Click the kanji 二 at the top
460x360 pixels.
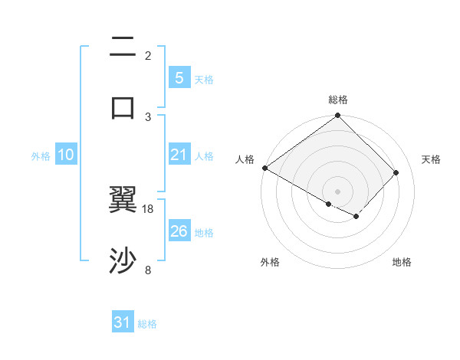click(x=123, y=47)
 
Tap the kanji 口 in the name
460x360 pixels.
click(x=123, y=107)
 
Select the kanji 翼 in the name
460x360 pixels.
click(x=123, y=201)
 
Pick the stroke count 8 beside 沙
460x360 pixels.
click(x=148, y=270)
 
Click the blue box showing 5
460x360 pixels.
click(x=179, y=78)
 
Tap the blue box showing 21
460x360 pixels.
click(x=179, y=155)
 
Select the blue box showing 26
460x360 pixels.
click(x=179, y=231)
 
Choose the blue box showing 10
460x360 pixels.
click(x=65, y=155)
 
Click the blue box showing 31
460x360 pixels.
click(x=123, y=323)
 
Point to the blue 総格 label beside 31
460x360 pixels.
click(x=147, y=324)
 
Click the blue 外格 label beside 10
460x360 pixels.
click(x=41, y=156)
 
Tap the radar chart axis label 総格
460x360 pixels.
click(x=337, y=100)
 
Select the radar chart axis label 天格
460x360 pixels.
click(x=432, y=159)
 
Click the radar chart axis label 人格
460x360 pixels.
click(x=245, y=159)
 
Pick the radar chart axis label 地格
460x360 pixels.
click(x=402, y=262)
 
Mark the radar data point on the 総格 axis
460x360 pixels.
click(x=337, y=116)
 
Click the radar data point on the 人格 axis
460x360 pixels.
click(x=264, y=168)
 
